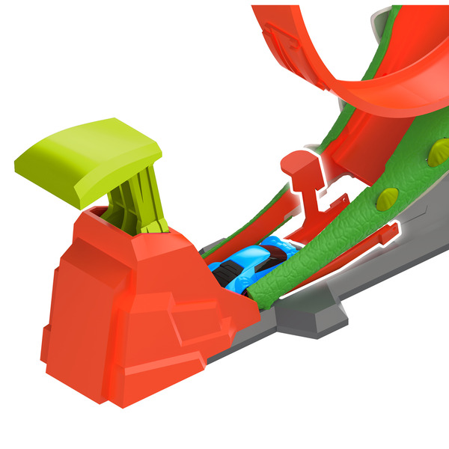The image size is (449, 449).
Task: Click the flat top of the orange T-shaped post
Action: click(296, 159)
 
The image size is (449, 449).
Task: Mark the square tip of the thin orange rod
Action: click(388, 233)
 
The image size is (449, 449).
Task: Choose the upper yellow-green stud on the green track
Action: click(436, 153)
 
